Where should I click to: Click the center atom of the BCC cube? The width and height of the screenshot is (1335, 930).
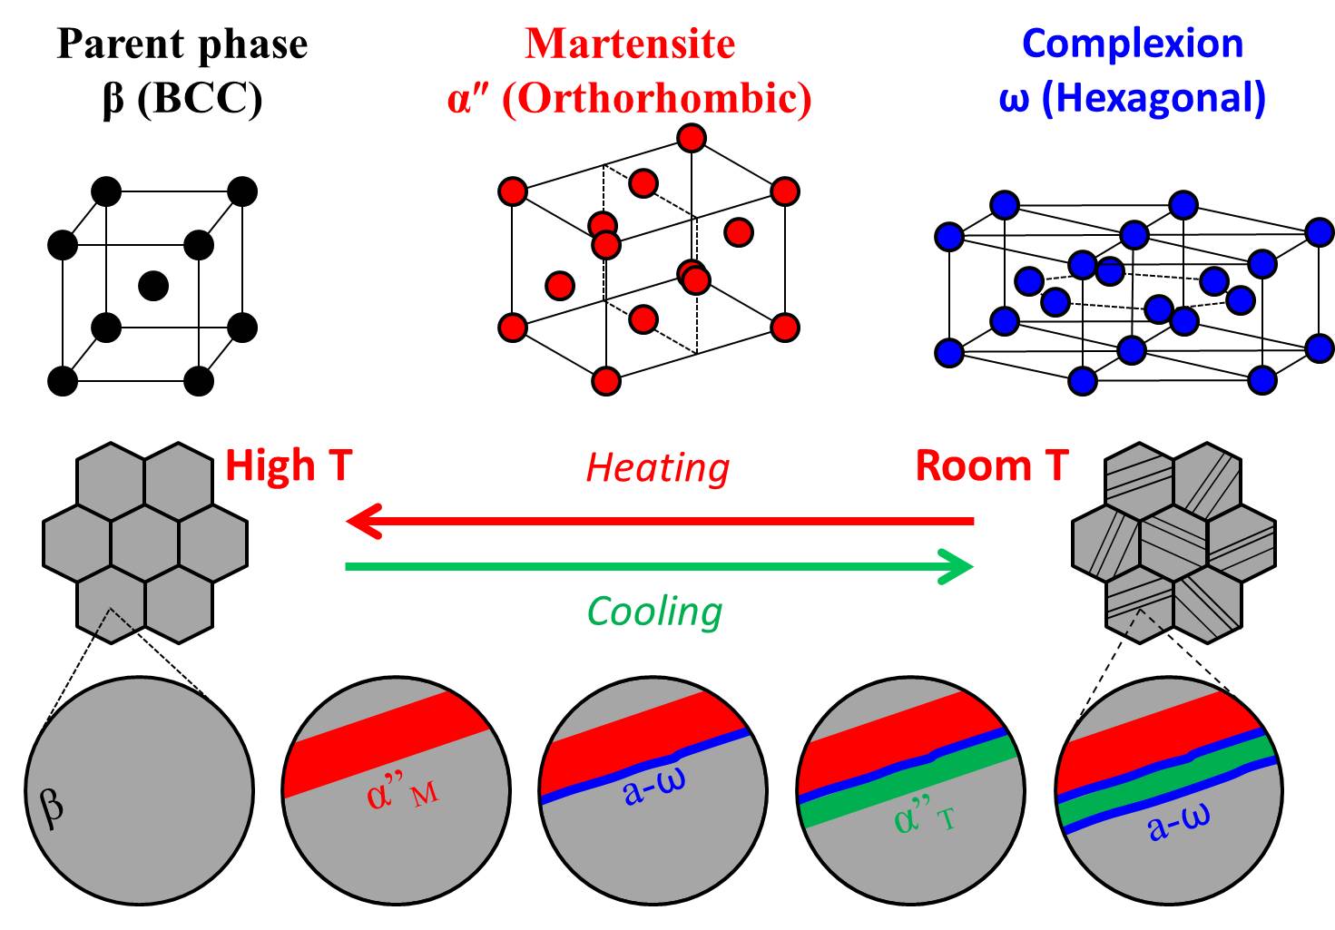tap(153, 286)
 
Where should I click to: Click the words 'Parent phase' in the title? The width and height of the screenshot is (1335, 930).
tap(182, 44)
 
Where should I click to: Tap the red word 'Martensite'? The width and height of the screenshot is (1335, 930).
tap(629, 44)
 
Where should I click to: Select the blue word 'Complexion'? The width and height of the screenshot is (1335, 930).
tap(1132, 44)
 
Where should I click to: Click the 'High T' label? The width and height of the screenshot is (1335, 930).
tap(288, 465)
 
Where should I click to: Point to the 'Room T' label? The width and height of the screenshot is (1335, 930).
tap(992, 465)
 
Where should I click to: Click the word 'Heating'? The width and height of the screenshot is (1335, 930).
tap(657, 468)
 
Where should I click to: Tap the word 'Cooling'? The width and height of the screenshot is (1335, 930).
tap(654, 612)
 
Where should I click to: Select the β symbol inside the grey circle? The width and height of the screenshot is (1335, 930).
tap(52, 804)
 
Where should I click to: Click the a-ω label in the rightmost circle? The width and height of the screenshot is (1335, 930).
tap(1179, 823)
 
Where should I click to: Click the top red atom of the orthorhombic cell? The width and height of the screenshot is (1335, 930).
tap(692, 139)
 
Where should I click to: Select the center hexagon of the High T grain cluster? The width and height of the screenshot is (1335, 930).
tap(145, 543)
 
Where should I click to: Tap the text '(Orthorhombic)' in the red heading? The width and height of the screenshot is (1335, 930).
tap(656, 98)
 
